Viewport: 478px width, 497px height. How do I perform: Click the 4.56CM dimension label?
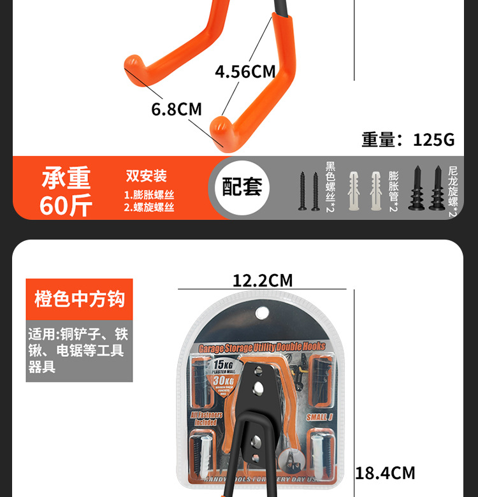coord(245,71)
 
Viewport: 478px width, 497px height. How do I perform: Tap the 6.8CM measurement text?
coord(177,109)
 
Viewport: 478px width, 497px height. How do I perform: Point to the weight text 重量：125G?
coord(408,140)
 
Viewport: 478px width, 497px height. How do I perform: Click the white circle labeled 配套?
coord(242,188)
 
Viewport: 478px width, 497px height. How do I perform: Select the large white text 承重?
coord(66,178)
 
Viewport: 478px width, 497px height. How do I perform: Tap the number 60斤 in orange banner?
coord(66,206)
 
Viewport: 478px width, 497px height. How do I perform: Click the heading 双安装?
coord(146,176)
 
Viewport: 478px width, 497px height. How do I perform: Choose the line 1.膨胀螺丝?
coord(149,195)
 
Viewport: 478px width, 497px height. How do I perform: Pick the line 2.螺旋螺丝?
coord(149,207)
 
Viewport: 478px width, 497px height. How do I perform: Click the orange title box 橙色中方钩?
coord(80,299)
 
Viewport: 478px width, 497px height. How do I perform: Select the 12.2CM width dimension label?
coord(262,280)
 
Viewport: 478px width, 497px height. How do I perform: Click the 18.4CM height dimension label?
coord(385,473)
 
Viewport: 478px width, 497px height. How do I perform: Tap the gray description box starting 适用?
coord(79,350)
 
